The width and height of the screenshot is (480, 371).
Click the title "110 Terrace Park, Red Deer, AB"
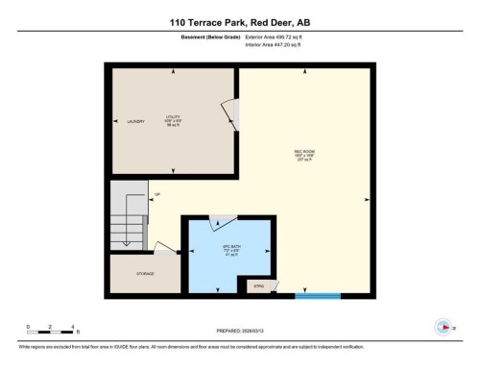coord(240,20)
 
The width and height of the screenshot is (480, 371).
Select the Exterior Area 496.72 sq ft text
coord(280,36)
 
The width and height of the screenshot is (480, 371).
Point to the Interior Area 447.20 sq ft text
coord(279,43)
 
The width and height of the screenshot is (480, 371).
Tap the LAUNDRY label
coord(135,121)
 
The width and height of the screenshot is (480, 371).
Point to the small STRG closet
coord(258,286)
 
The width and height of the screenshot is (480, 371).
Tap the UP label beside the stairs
coord(156,195)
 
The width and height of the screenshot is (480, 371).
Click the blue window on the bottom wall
coord(311,295)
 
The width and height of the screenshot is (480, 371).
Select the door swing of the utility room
coord(228,114)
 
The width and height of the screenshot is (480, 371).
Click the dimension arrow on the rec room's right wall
coord(368,200)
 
